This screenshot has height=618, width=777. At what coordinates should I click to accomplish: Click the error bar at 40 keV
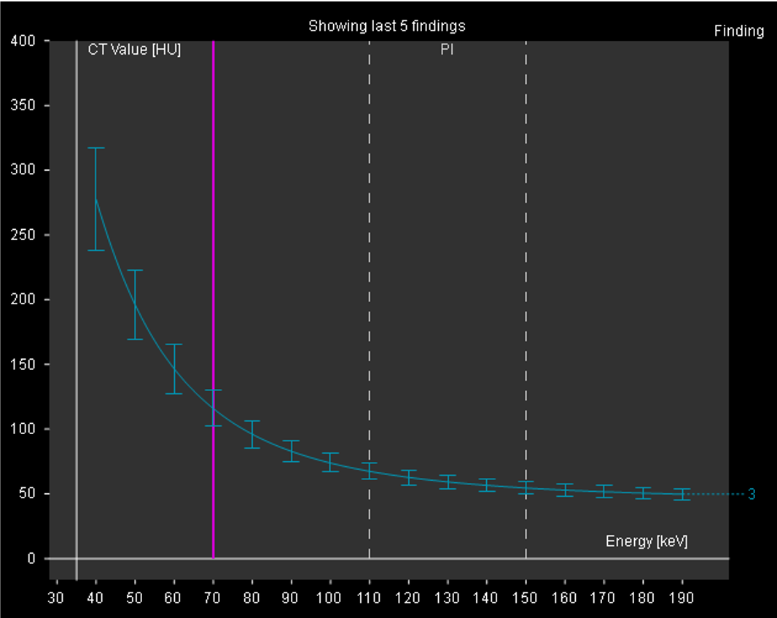pos(96,199)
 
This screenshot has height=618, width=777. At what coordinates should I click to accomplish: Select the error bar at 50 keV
pos(135,304)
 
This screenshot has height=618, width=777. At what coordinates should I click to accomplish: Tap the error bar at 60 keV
pos(174,369)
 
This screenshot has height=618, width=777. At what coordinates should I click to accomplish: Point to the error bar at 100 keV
pos(330,462)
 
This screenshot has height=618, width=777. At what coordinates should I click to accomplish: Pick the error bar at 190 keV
pos(682,494)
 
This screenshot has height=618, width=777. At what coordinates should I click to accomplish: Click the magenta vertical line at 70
pos(214,292)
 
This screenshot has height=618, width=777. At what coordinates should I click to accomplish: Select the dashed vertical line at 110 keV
pos(370,292)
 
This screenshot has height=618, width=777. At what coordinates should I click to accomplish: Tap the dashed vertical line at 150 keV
pos(526,292)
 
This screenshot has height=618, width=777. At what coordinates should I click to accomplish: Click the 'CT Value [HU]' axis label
pos(134,50)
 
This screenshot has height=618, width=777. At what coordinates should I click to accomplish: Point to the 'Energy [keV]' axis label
pos(647,541)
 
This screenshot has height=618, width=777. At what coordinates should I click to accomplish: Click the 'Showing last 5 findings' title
pos(387,26)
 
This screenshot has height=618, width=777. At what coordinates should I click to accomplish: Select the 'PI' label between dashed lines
pos(447,50)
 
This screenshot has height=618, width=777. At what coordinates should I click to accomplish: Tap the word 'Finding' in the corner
pos(739,31)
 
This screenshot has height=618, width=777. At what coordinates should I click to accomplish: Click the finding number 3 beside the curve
pos(751,494)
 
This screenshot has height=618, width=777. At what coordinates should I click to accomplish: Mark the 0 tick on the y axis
pos(31,559)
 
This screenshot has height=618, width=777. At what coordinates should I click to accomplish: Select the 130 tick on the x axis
pos(448,599)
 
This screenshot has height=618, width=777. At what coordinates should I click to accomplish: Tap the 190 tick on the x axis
pos(682,599)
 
